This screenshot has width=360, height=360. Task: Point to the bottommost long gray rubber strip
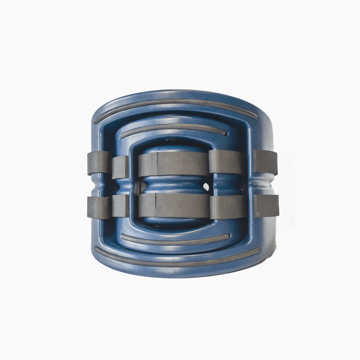point(178,261)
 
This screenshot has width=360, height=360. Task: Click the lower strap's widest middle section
point(173,205)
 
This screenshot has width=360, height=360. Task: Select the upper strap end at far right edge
point(266,161)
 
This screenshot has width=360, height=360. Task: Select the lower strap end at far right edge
point(266,205)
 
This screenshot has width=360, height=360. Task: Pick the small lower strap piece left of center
point(120,205)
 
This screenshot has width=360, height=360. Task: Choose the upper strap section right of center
point(226,162)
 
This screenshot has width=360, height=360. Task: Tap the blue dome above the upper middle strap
point(173,144)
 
